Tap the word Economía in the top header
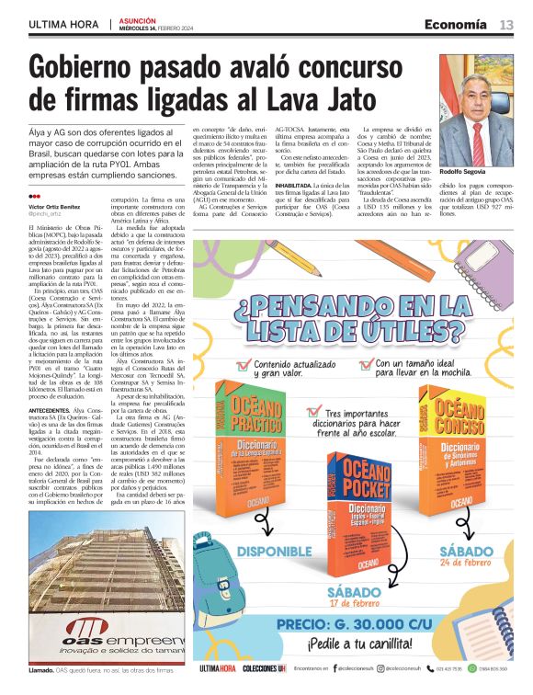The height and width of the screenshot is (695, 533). (x=456, y=25)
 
